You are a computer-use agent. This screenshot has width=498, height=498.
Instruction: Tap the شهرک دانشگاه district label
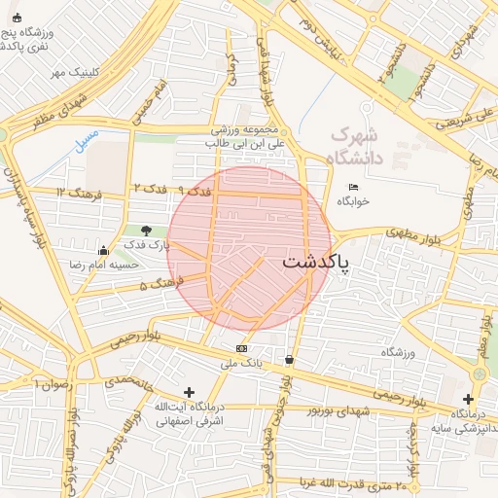click(358, 145)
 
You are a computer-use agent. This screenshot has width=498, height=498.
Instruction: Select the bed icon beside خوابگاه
click(353, 187)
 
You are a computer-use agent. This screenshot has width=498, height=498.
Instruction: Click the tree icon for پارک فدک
click(146, 231)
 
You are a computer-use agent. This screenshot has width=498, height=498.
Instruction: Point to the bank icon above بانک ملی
click(241, 348)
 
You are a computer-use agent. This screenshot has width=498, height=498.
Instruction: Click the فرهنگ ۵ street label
click(159, 284)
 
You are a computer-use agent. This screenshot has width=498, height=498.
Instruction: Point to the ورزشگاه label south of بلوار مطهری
click(398, 351)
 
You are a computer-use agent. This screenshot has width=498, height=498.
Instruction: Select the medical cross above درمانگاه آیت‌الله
click(189, 392)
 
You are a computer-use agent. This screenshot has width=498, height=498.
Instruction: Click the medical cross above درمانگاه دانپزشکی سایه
click(468, 399)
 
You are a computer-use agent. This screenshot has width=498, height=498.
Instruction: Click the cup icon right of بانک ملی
click(290, 360)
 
